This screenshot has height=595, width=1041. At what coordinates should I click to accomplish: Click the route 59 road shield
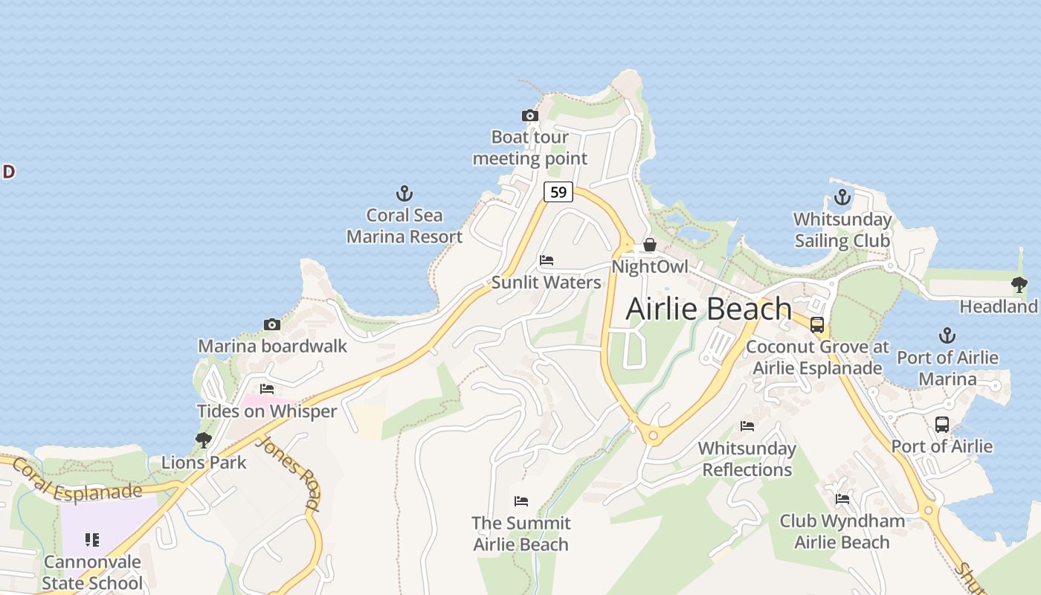click(x=558, y=192)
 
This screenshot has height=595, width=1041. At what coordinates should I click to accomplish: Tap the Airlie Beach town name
click(x=709, y=309)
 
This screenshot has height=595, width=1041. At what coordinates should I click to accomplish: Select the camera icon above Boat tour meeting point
click(x=529, y=115)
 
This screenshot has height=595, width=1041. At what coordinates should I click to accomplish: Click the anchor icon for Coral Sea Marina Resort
click(x=404, y=194)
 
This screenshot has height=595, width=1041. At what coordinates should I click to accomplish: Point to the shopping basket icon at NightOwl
click(x=650, y=245)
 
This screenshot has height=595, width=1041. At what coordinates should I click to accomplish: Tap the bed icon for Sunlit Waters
click(x=547, y=260)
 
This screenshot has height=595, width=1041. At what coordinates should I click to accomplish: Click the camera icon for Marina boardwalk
click(x=272, y=324)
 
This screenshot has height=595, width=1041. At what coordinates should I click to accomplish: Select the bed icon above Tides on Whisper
click(x=267, y=389)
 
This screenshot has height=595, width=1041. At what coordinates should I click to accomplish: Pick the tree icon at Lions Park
click(x=203, y=440)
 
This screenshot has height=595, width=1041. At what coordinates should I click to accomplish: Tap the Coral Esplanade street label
click(x=77, y=480)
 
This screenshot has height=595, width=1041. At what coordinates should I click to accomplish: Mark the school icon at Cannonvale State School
click(x=92, y=539)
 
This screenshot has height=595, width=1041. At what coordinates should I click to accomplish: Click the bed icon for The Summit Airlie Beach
click(x=520, y=501)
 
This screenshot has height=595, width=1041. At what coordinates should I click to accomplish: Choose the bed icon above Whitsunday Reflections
click(x=747, y=426)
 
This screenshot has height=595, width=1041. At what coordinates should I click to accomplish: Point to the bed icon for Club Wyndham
click(x=842, y=499)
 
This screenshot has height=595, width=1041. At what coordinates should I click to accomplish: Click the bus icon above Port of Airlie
click(x=942, y=425)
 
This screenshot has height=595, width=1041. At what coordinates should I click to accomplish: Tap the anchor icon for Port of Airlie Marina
click(x=947, y=335)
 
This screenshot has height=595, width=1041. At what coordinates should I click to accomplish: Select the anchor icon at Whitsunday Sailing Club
click(x=842, y=197)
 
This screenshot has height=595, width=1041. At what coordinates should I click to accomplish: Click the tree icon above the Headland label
click(x=1019, y=284)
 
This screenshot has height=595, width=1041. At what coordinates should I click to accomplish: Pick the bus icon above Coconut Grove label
click(x=817, y=325)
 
